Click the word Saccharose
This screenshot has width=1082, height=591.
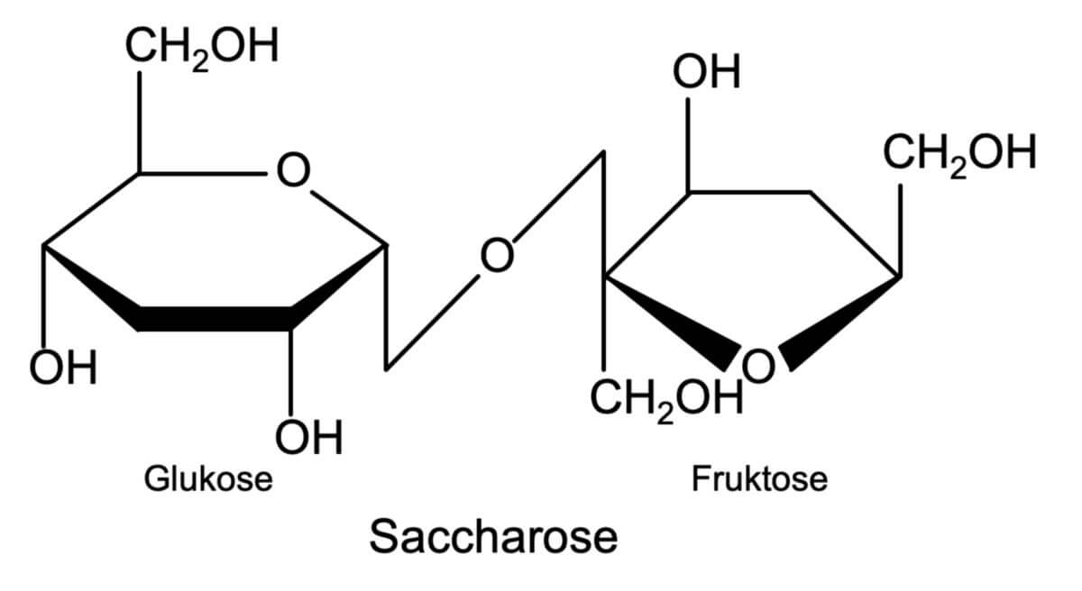(x=493, y=536)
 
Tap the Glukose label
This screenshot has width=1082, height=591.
(x=208, y=478)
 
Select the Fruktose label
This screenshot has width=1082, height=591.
(x=759, y=478)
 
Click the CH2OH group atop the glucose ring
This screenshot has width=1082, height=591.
(x=202, y=47)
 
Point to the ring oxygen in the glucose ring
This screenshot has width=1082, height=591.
(x=293, y=169)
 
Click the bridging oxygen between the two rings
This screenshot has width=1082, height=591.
(x=497, y=255)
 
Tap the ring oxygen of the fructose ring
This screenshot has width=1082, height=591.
(x=758, y=365)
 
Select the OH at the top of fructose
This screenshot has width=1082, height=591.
(x=706, y=71)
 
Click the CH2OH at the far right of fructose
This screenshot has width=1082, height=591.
(x=959, y=153)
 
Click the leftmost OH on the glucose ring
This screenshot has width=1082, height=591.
(x=63, y=367)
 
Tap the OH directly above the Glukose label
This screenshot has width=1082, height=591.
(x=308, y=437)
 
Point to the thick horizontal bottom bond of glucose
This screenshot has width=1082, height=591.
(x=215, y=318)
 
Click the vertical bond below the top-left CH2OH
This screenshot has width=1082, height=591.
(x=140, y=122)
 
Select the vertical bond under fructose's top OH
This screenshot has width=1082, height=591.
(x=688, y=145)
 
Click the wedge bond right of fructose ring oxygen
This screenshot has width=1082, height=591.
(x=839, y=323)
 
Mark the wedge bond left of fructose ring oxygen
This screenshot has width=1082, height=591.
(x=674, y=323)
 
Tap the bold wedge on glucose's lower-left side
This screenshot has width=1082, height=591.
(x=92, y=288)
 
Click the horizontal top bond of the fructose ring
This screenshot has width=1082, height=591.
(x=749, y=193)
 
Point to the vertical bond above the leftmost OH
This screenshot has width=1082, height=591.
(x=44, y=296)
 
